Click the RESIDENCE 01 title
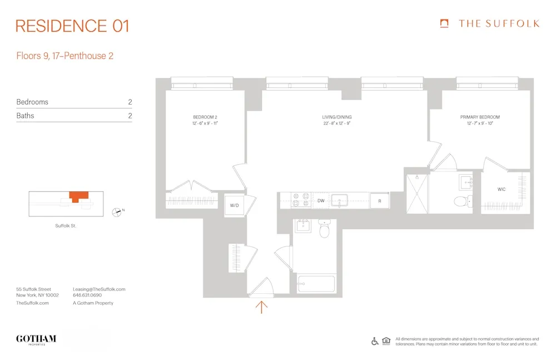[x=72, y=26]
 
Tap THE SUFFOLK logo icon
[x=444, y=23]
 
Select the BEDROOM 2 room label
[x=202, y=117]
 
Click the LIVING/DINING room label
[x=337, y=117]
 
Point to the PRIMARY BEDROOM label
[x=480, y=117]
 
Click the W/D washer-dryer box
[x=234, y=206]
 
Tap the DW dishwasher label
[x=321, y=200]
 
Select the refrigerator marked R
[x=380, y=200]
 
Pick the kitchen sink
[x=339, y=200]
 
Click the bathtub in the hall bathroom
[x=316, y=284]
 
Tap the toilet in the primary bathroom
[x=461, y=201]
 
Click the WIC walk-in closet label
[x=502, y=190]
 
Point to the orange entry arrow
[x=261, y=306]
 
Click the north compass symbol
[x=117, y=211]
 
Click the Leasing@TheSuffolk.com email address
[x=99, y=289]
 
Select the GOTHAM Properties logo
[x=36, y=339]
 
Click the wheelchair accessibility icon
[x=375, y=341]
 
